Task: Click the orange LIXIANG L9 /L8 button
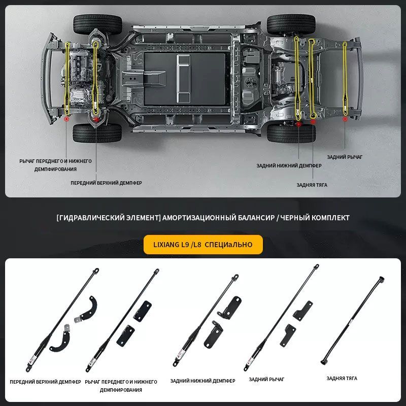click(203, 245)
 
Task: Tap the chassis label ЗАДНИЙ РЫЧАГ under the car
click(345, 157)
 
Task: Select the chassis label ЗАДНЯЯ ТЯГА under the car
click(312, 185)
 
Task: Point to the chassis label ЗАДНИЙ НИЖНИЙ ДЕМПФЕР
click(289, 165)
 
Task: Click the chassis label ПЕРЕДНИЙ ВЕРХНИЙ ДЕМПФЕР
click(106, 183)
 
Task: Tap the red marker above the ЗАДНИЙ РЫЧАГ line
click(345, 119)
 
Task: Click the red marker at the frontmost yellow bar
click(66, 119)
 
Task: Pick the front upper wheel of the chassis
click(97, 24)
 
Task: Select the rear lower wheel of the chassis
click(291, 133)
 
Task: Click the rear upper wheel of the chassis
click(291, 24)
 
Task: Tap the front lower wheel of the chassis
click(97, 133)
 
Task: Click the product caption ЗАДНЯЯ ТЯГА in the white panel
click(342, 379)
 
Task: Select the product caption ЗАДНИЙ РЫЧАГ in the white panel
click(266, 379)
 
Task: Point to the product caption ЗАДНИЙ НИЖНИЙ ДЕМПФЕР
click(202, 381)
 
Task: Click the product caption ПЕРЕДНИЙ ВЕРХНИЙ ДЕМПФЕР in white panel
click(45, 382)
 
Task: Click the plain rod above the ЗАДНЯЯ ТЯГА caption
click(352, 321)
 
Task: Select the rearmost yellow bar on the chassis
click(345, 79)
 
